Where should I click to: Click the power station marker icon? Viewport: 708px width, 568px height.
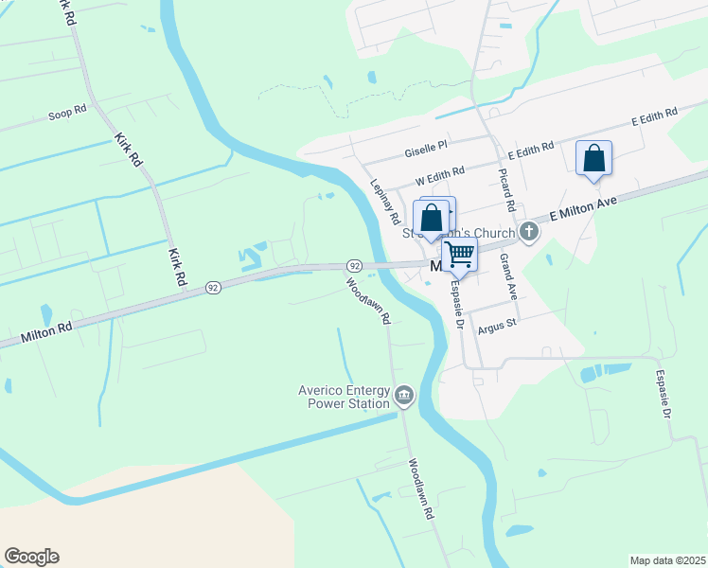404,395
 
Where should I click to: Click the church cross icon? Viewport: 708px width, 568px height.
529,232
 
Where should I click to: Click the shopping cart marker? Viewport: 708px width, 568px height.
459,255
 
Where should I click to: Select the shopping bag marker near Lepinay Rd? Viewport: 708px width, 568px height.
432,218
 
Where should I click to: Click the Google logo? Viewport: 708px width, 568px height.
31,557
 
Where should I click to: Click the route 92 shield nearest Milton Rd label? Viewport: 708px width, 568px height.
214,286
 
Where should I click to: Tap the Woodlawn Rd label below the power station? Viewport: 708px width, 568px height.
421,489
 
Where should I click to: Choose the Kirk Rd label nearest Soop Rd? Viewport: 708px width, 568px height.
128,150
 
